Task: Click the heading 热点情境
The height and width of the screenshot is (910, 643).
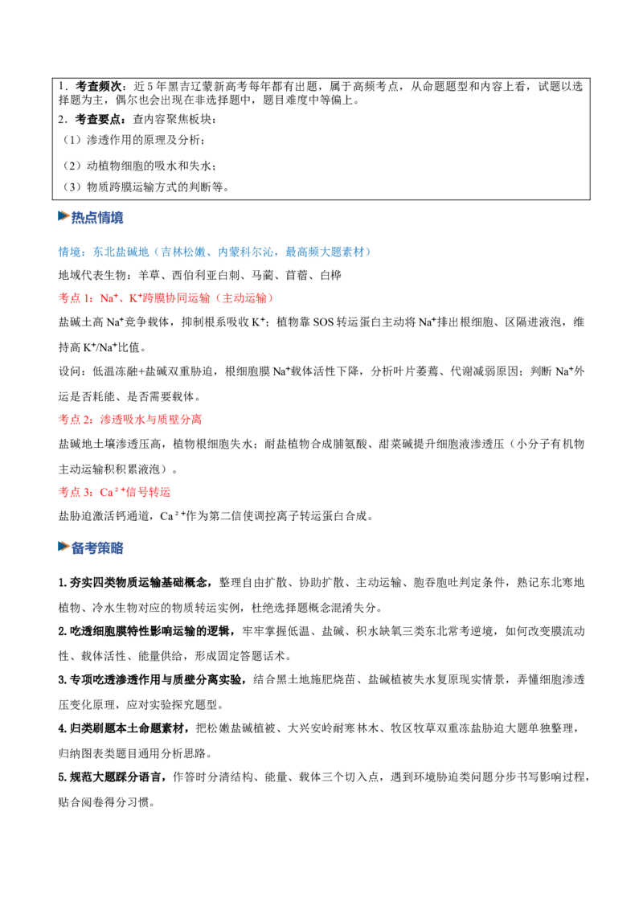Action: coord(97,218)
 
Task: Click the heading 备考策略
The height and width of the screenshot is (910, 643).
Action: coord(97,548)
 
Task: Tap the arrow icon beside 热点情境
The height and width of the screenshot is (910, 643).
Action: coord(63,216)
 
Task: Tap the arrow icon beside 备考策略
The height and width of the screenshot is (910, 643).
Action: coord(63,547)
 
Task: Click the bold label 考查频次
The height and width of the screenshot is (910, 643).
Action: coord(98,87)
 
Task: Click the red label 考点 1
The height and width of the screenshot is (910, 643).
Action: coord(76,298)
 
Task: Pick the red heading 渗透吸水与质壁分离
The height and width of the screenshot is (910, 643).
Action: coord(151,419)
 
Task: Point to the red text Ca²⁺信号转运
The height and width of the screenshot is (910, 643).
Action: coord(135,492)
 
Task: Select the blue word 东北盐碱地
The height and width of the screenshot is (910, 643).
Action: coord(121,252)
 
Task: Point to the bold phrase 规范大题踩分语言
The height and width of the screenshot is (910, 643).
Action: coord(116,777)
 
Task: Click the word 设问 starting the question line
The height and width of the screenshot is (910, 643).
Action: coord(70,371)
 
